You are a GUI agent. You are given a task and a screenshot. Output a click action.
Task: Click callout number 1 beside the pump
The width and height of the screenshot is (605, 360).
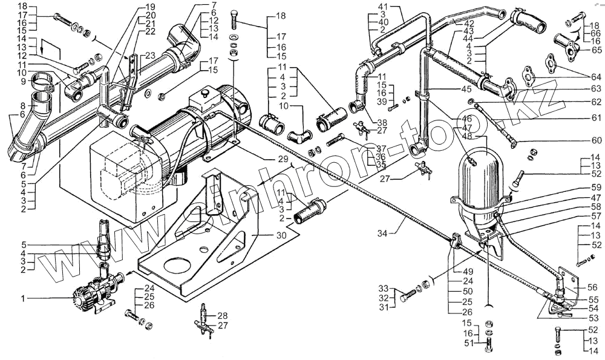pos(24,298)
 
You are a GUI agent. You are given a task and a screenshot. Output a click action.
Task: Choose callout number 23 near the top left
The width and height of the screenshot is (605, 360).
pos(149,55)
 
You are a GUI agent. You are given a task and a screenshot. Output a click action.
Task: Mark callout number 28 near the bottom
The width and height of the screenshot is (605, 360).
pos(206,316)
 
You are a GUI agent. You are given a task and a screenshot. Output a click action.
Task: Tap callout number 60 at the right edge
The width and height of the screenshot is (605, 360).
pos(597,140)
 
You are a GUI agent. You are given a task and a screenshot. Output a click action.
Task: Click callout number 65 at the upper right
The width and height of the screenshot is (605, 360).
pos(597,50)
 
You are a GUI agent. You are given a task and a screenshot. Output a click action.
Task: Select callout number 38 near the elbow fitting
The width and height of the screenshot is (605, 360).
pos(382,122)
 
